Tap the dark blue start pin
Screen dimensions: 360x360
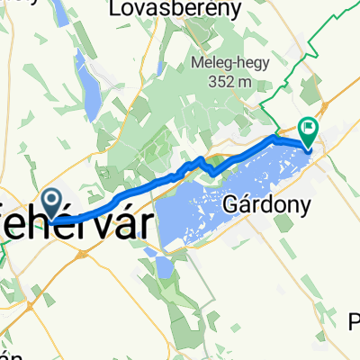coord(53,202)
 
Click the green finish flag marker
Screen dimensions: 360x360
coord(308,133)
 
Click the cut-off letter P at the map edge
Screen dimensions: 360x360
coord(354,321)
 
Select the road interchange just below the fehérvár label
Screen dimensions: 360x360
coord(79,255)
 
